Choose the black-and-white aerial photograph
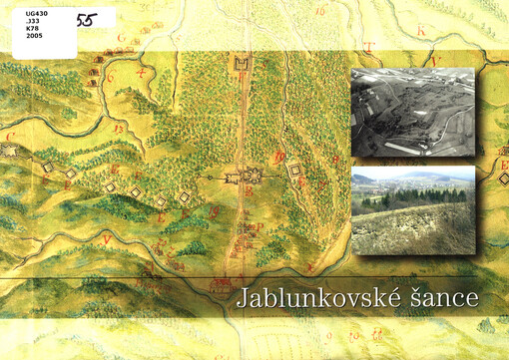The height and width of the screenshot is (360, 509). pyautogui.click(x=413, y=113)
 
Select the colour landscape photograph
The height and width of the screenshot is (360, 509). pyautogui.click(x=413, y=210)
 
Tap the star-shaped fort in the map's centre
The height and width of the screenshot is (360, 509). pyautogui.click(x=248, y=178)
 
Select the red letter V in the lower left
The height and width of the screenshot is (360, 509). pyautogui.click(x=105, y=239)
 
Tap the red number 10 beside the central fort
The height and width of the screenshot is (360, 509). pyautogui.click(x=280, y=156)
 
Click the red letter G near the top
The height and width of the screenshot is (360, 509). pyautogui.click(x=121, y=38)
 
